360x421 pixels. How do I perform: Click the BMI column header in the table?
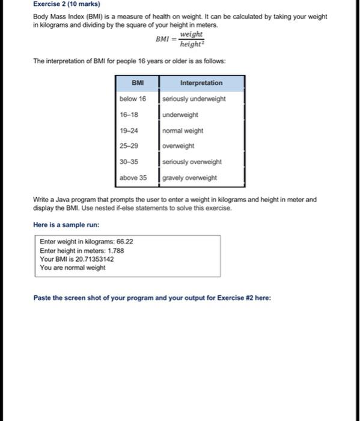click(138, 83)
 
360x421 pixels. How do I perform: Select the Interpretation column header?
click(201, 83)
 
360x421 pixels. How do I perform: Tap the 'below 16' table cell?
click(133, 99)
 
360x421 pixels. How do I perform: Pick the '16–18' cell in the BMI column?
click(129, 114)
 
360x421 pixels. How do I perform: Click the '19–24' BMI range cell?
click(129, 131)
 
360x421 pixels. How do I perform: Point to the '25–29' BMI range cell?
click(129, 146)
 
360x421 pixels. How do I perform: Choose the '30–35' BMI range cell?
click(129, 162)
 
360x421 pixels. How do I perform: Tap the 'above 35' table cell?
click(133, 177)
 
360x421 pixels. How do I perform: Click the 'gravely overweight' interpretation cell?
click(189, 177)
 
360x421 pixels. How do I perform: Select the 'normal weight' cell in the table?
click(183, 131)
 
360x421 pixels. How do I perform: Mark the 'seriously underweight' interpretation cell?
click(194, 99)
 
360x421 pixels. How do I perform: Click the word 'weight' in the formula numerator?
click(191, 35)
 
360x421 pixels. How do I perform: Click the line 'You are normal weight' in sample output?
click(73, 268)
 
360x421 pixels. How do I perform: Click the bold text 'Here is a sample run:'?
click(66, 225)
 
